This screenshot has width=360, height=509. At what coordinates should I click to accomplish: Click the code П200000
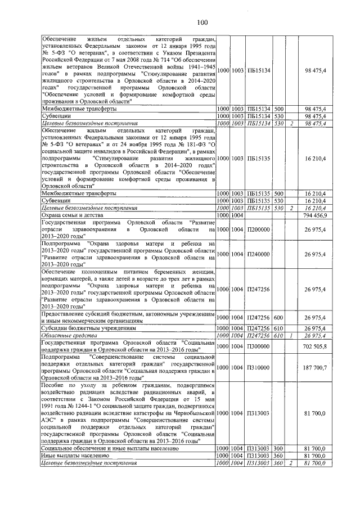[259, 229]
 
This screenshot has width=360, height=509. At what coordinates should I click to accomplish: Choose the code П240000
[259, 254]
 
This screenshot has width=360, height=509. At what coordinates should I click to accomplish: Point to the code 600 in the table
[280, 318]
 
